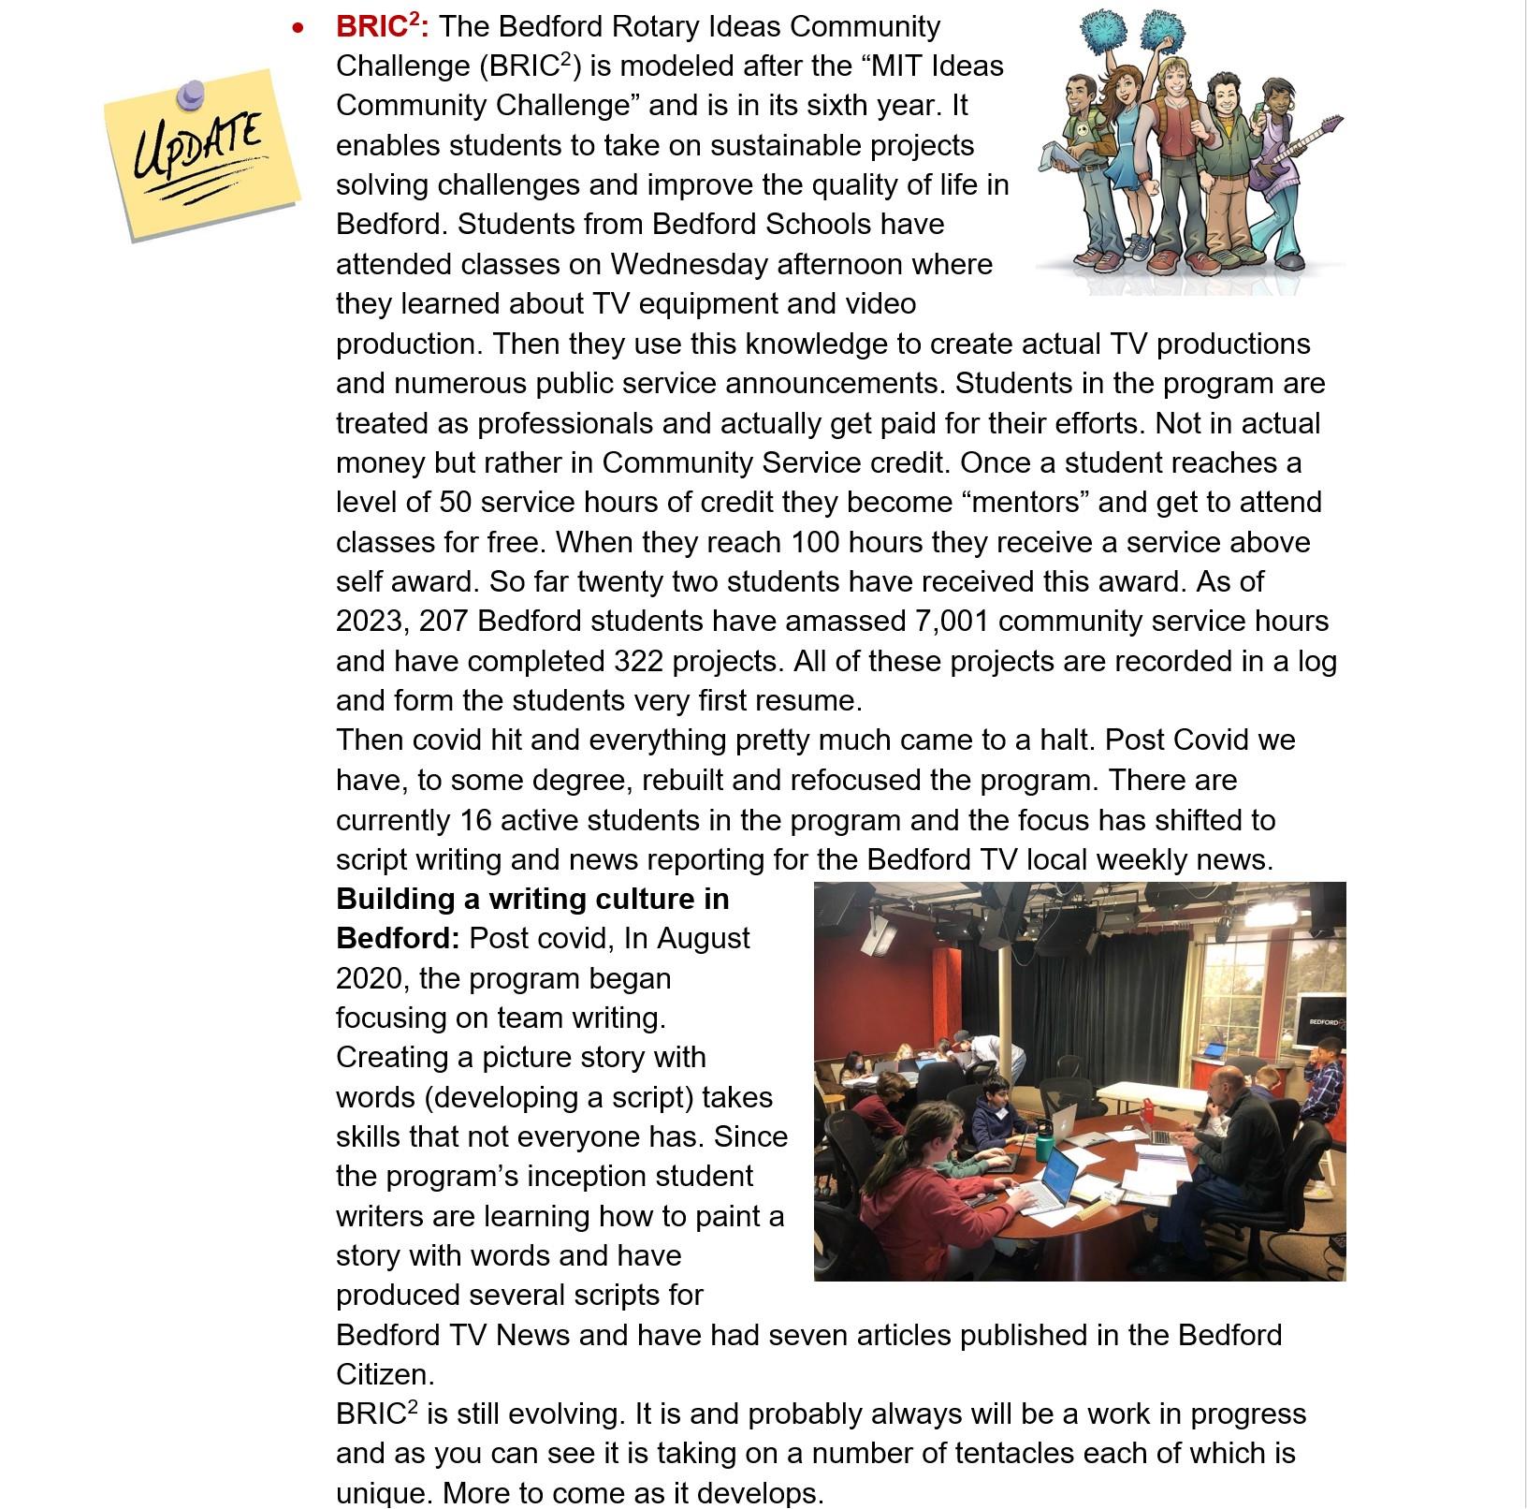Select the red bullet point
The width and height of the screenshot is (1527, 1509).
(298, 28)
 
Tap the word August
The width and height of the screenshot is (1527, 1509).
(704, 939)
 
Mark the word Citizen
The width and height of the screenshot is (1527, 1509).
(385, 1375)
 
